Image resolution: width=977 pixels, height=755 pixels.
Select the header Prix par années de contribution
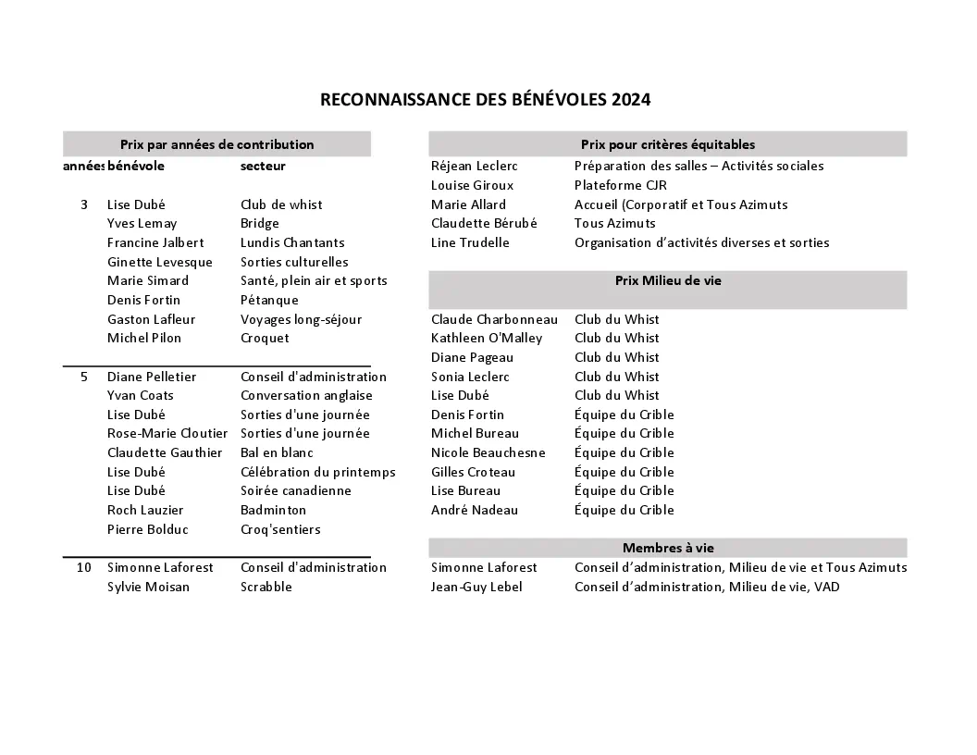tap(216, 144)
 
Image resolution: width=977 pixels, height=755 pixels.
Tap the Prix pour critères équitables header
tap(668, 144)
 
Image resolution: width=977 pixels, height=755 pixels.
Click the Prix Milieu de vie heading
tap(668, 281)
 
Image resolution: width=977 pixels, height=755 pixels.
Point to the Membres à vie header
tap(668, 548)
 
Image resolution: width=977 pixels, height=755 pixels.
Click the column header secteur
tap(263, 167)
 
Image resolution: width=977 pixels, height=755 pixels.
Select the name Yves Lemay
tap(142, 224)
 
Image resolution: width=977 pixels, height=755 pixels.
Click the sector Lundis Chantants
tap(292, 243)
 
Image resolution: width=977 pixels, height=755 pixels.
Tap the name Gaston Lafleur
tap(144, 319)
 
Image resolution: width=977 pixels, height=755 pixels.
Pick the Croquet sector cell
tap(265, 339)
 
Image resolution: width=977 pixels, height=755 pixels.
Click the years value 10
tap(84, 568)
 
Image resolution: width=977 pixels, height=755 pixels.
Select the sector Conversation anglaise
tap(306, 396)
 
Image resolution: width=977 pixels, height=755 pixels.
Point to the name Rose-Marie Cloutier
tap(167, 434)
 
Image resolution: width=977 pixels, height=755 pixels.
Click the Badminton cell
tap(273, 511)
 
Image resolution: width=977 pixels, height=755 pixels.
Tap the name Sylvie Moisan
tap(148, 588)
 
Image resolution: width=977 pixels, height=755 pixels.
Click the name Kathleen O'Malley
tap(487, 339)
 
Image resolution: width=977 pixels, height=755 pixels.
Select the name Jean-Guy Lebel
tap(476, 588)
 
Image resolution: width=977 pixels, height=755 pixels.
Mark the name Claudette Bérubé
tap(484, 224)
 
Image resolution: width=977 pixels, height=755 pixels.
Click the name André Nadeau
tap(475, 511)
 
